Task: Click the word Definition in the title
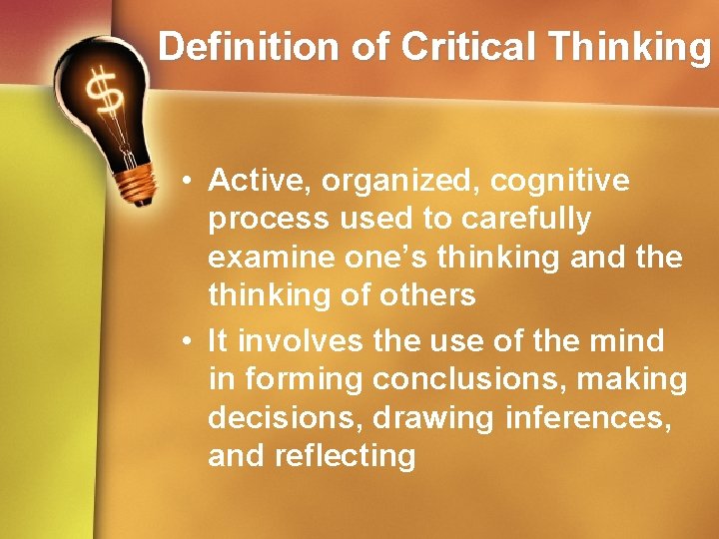[231, 46]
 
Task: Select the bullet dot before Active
[188, 182]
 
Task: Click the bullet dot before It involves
[188, 341]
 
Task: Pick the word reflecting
[345, 456]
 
